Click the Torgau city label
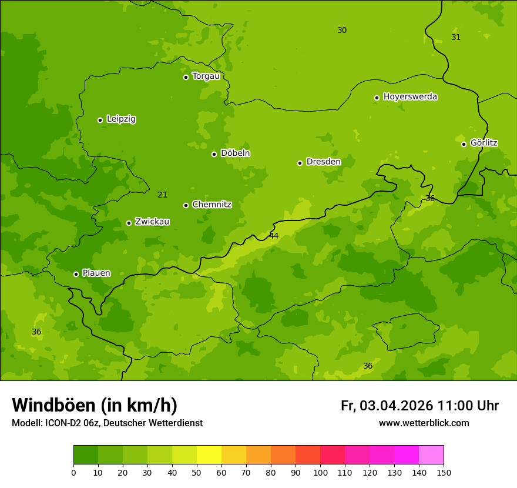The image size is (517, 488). click(x=206, y=76)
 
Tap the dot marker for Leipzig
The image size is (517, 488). click(x=100, y=120)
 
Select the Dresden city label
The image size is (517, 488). click(x=323, y=162)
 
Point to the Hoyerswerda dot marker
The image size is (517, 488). click(x=377, y=98)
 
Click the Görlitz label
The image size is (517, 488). click(x=484, y=143)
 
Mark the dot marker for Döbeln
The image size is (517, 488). click(x=214, y=154)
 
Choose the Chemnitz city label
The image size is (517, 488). click(x=211, y=205)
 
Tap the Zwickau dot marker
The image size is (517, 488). click(x=129, y=223)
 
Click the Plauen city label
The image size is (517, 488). click(x=96, y=273)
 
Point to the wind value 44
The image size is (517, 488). click(x=274, y=236)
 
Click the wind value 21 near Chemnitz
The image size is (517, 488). click(x=163, y=195)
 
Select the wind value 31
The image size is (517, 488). click(x=456, y=37)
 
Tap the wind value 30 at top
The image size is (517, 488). click(x=342, y=30)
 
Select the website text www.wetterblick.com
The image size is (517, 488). click(x=424, y=423)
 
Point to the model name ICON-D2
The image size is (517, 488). click(x=61, y=423)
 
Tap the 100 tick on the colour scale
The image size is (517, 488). click(x=320, y=472)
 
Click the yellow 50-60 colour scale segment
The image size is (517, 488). click(x=209, y=454)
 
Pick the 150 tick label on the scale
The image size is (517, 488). click(x=444, y=472)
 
